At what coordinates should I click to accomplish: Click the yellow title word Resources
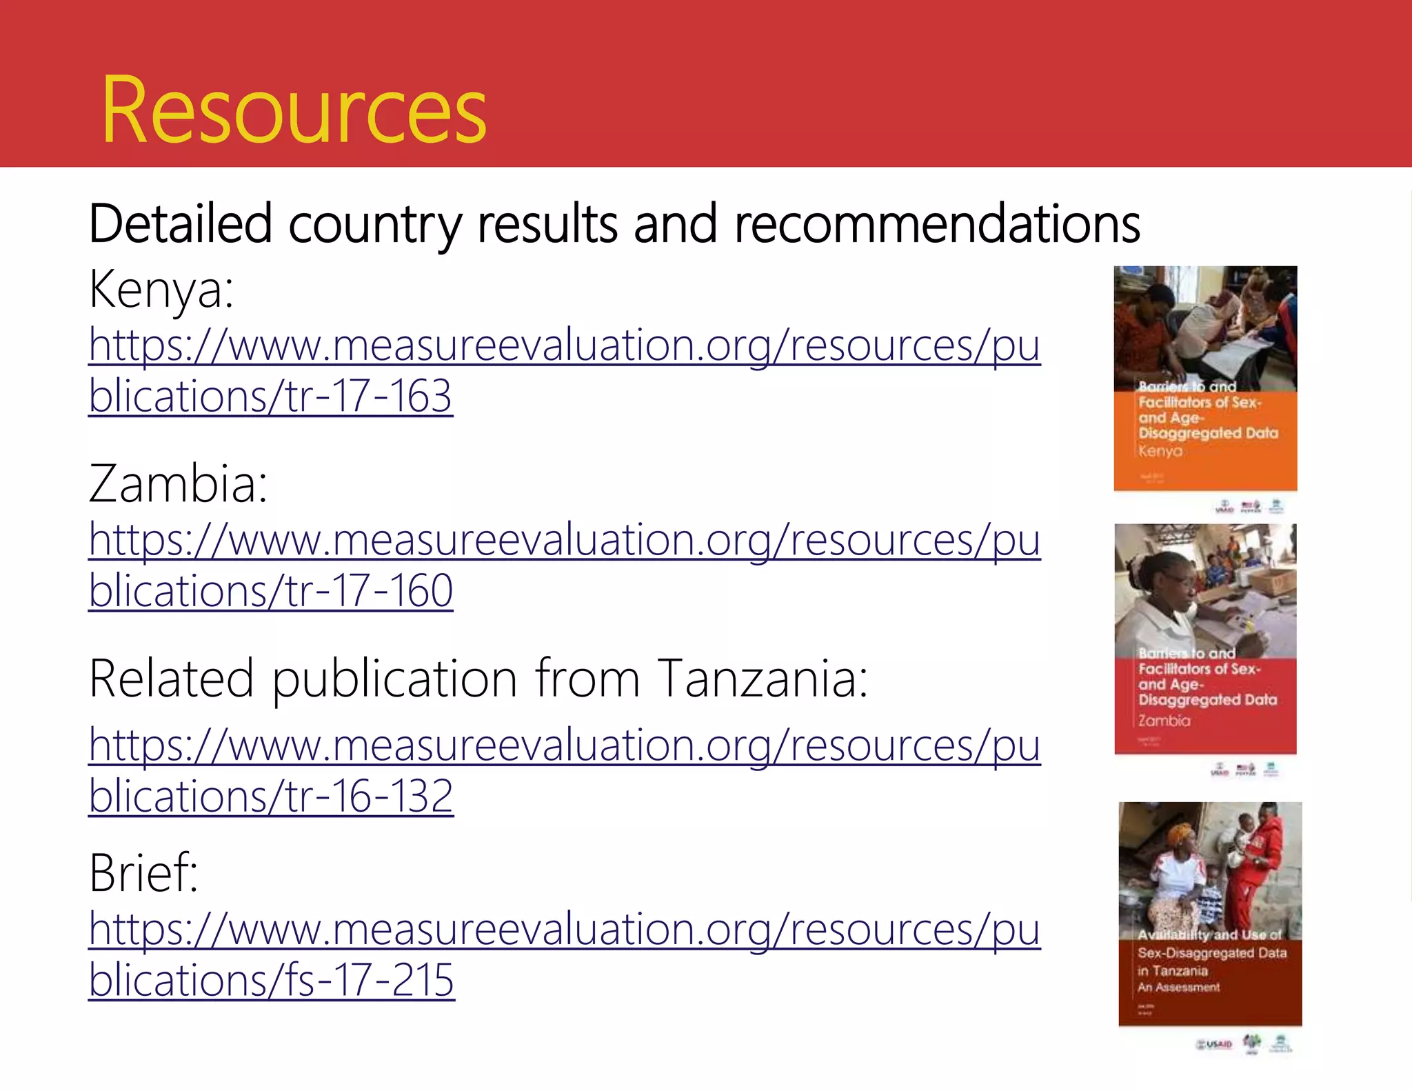[294, 110]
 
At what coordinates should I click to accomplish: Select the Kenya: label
[161, 290]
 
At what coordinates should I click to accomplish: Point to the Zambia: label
[178, 484]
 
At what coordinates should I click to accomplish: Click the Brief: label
[143, 873]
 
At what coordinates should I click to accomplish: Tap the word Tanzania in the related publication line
[762, 679]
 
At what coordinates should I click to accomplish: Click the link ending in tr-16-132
[564, 770]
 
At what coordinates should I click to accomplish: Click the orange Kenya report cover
[1205, 378]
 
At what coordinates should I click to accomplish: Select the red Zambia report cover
[1205, 639]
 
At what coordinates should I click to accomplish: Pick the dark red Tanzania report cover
[1210, 914]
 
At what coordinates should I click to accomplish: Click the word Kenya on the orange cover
[1160, 451]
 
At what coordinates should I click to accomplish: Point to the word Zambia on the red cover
[1164, 721]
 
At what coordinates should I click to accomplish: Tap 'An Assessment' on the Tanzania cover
[1178, 988]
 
